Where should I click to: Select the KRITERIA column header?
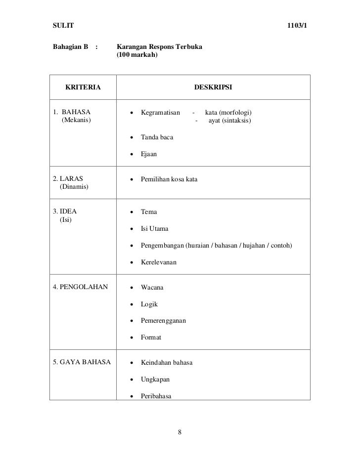coord(83,87)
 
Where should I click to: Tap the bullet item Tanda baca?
coord(157,137)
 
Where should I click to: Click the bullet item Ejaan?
coord(149,154)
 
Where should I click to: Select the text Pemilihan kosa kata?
coord(169,179)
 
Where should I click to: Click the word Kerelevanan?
coord(159,262)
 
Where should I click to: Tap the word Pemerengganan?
coord(163,320)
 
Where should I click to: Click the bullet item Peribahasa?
coord(156,396)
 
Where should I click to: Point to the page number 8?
coord(180,432)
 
